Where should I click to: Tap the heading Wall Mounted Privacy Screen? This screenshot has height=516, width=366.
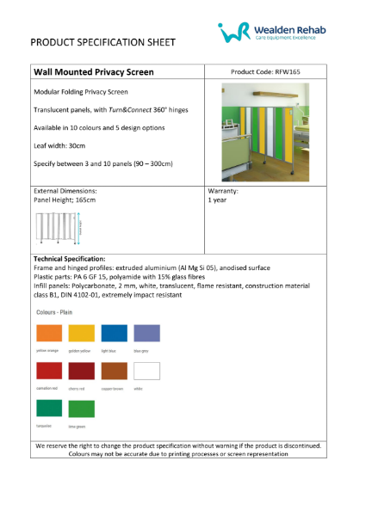(x=94, y=72)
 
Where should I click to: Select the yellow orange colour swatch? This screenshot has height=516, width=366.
(x=48, y=334)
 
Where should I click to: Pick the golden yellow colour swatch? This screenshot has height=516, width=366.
(x=82, y=334)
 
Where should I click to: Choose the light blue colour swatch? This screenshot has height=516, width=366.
(x=115, y=334)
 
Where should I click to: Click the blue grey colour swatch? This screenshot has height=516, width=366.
(x=147, y=334)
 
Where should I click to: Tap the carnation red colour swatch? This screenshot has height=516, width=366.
(x=48, y=372)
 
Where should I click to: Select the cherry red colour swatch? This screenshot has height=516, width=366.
(x=82, y=372)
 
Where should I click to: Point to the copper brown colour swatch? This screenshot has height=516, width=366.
(x=115, y=372)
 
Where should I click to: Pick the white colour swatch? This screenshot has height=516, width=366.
(x=147, y=372)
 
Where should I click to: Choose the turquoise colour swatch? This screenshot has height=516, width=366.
(x=48, y=408)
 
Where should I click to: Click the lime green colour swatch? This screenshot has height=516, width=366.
(x=82, y=408)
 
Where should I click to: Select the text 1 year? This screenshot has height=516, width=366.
(x=217, y=199)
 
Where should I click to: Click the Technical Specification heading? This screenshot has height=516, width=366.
(x=69, y=259)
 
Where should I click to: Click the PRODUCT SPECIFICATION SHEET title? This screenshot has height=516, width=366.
(x=102, y=41)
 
